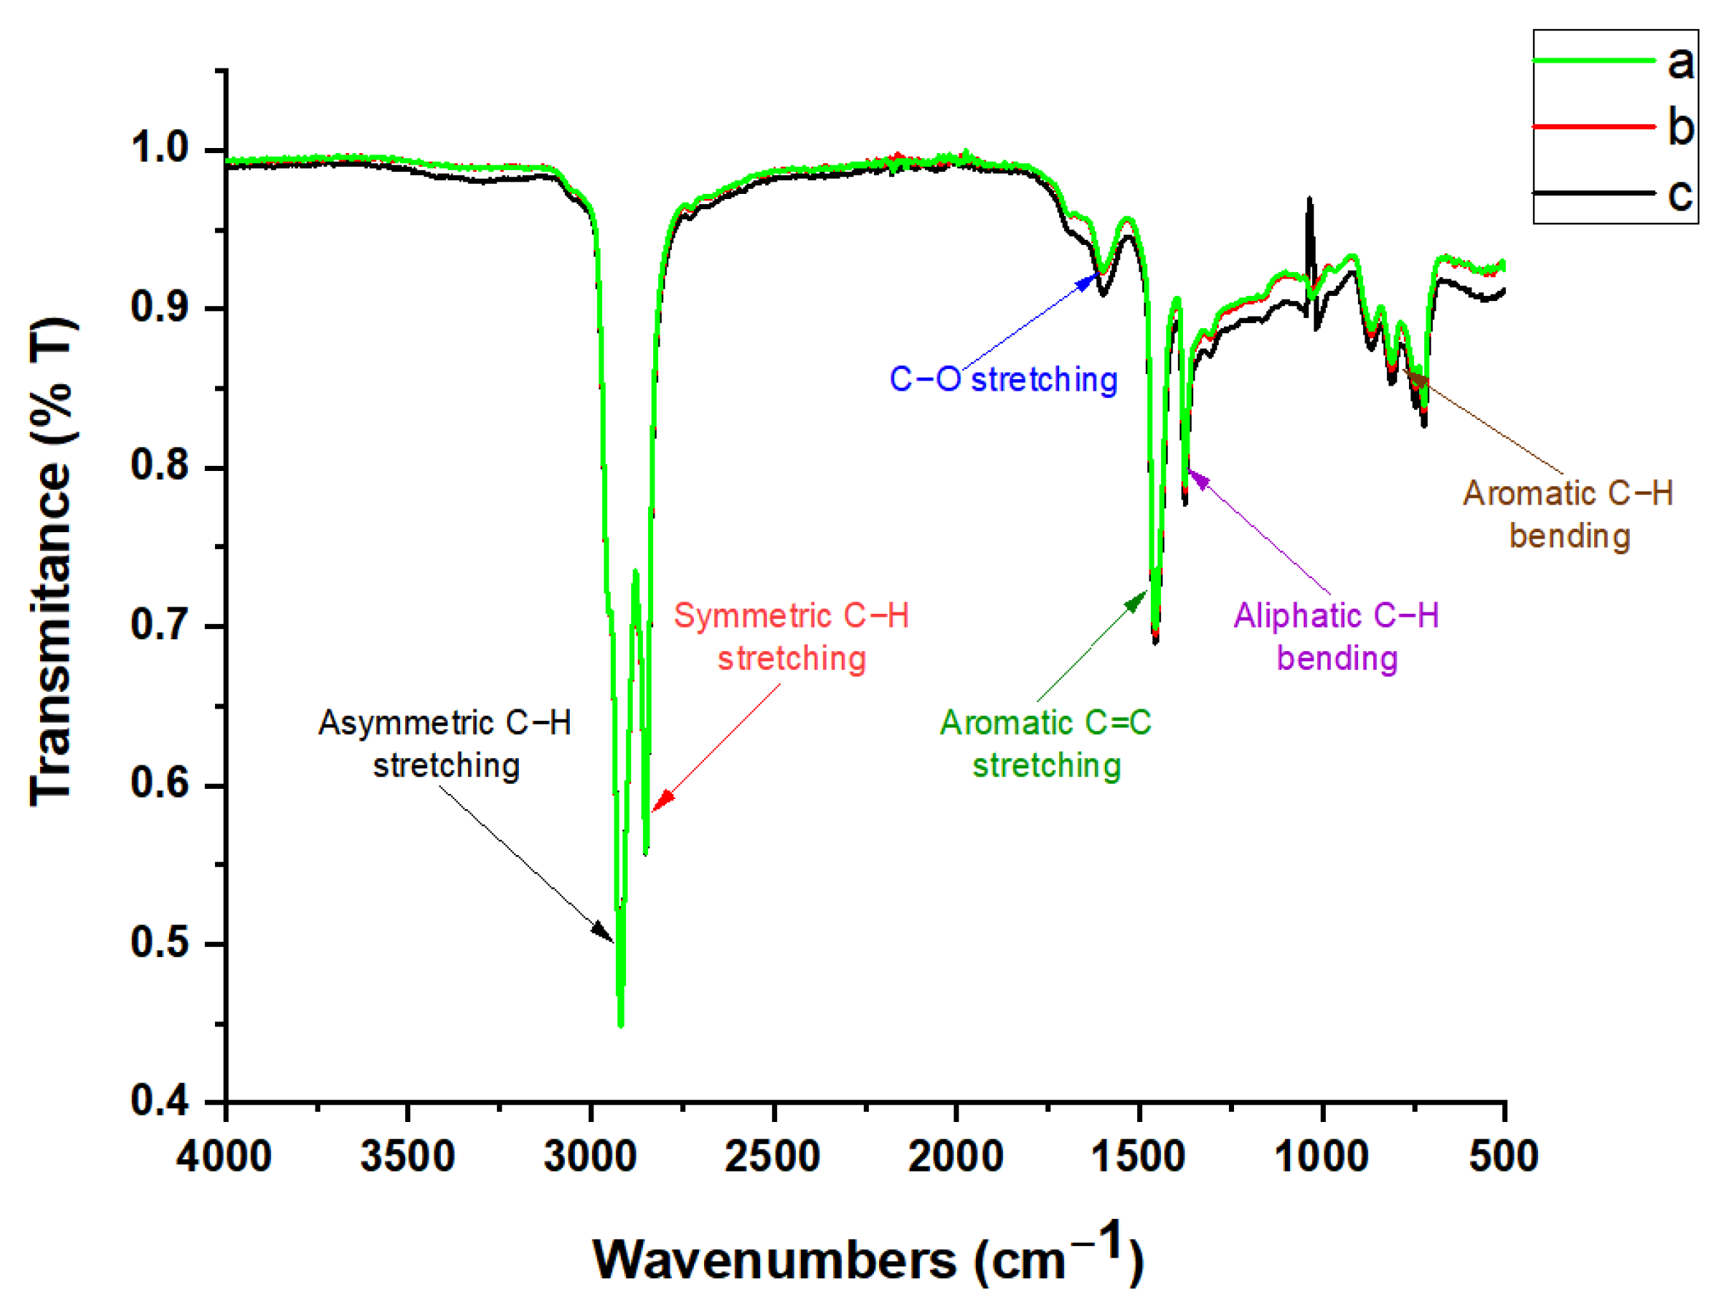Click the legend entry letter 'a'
1680,62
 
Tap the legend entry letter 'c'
1680,193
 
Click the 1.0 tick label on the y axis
160,148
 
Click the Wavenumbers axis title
867,1258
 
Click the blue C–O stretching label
1003,380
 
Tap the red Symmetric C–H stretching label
792,637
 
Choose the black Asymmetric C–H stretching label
445,744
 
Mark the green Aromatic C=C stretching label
1045,744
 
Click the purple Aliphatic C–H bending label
1336,637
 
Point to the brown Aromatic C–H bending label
1567,514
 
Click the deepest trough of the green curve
620,1024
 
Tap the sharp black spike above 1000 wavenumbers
1310,202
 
